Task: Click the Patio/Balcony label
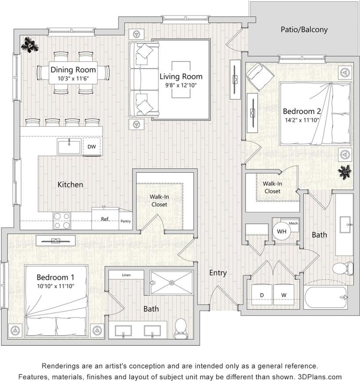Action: (x=304, y=30)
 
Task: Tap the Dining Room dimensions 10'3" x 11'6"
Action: (x=73, y=78)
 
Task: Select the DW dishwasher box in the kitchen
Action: (x=92, y=147)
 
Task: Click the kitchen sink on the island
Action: (x=69, y=147)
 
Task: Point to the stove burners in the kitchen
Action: (x=62, y=221)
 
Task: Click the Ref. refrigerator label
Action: (x=105, y=219)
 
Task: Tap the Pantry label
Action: (x=126, y=221)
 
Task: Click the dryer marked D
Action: (x=262, y=295)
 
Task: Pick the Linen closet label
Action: (x=126, y=276)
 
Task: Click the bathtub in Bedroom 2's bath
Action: (x=325, y=297)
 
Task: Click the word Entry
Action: (x=218, y=273)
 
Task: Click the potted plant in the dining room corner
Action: (x=30, y=45)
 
